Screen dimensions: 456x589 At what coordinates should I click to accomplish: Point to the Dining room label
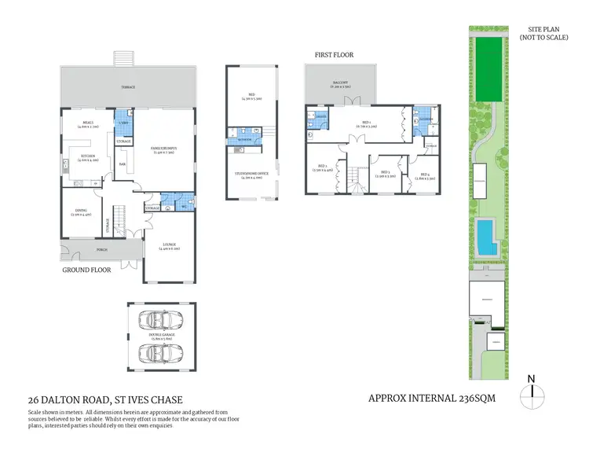click(x=81, y=210)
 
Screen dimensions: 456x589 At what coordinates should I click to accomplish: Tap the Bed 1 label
click(x=366, y=123)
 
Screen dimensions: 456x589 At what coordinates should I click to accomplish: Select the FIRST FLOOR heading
click(x=334, y=56)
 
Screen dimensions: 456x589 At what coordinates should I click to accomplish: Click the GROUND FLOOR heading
click(x=86, y=269)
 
